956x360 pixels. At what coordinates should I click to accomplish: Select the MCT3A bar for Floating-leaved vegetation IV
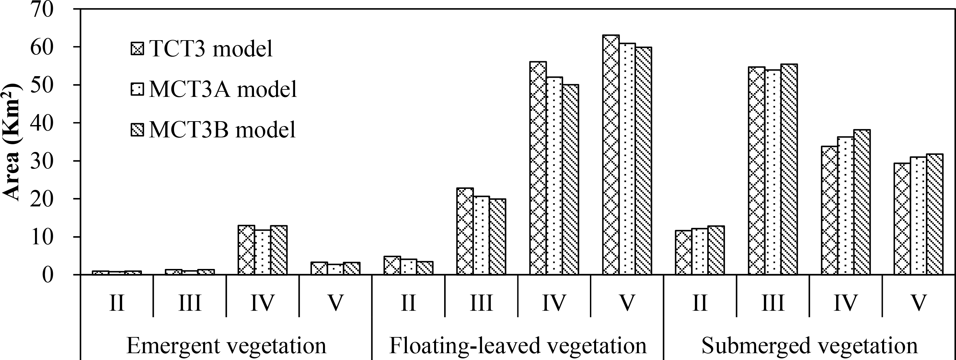tap(554, 176)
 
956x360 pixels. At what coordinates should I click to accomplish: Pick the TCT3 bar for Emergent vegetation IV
tap(247, 250)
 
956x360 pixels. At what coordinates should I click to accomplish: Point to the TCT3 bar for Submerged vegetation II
tap(684, 253)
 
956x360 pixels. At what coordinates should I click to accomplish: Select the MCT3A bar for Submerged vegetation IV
tap(846, 206)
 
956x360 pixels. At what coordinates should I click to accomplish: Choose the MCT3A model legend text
tap(223, 89)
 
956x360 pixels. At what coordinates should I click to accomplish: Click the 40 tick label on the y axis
tap(42, 123)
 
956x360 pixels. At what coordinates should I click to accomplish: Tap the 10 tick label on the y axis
tap(42, 237)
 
